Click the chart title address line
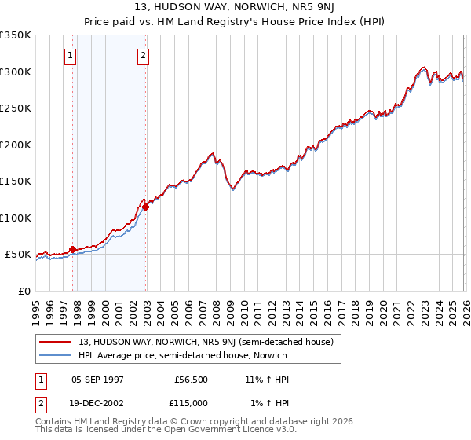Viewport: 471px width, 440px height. pos(235,7)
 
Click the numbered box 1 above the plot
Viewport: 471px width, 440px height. pos(71,55)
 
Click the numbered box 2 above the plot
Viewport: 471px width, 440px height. pos(144,55)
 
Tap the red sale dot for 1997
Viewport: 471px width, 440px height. pos(72,250)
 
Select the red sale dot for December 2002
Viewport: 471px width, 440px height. pos(146,207)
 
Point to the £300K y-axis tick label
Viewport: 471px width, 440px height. pos(16,71)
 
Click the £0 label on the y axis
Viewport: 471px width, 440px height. pos(24,291)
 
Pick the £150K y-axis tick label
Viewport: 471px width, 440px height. pos(16,181)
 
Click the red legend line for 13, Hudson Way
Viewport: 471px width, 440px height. pos(56,342)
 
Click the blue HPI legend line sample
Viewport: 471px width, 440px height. pos(56,355)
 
